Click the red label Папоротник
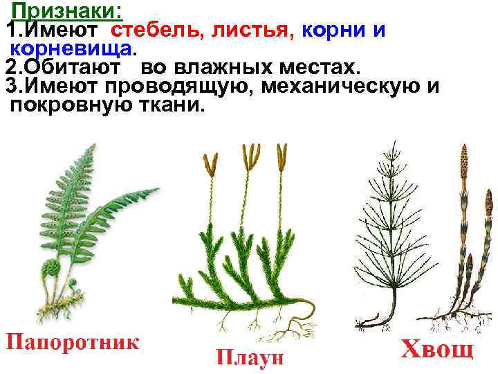coord(73,342)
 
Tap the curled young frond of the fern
coord(51,267)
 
